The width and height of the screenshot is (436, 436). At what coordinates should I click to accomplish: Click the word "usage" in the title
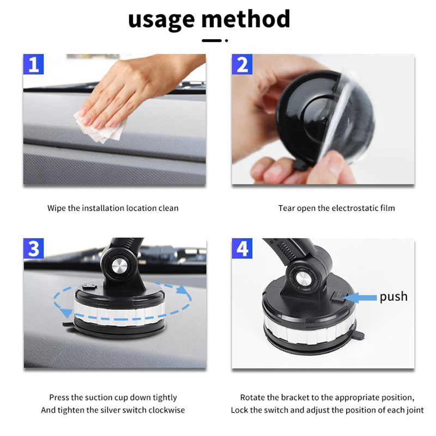pyautogui.click(x=161, y=20)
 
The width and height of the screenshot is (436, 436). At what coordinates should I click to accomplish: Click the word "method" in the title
pyautogui.click(x=246, y=19)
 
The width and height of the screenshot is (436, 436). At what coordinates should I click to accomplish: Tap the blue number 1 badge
pyautogui.click(x=33, y=64)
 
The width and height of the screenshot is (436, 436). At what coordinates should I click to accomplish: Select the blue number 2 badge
pyautogui.click(x=242, y=64)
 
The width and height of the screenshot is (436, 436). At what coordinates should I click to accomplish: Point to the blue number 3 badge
pyautogui.click(x=33, y=249)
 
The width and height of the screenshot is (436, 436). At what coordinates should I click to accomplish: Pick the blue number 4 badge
pyautogui.click(x=242, y=249)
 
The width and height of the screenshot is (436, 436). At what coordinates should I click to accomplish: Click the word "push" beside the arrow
pyautogui.click(x=393, y=297)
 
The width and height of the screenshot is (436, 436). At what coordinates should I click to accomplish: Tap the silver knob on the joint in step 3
pyautogui.click(x=119, y=266)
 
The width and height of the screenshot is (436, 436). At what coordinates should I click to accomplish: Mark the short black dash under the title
pyautogui.click(x=211, y=40)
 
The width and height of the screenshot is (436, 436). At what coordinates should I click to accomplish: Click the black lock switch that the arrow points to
pyautogui.click(x=338, y=298)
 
